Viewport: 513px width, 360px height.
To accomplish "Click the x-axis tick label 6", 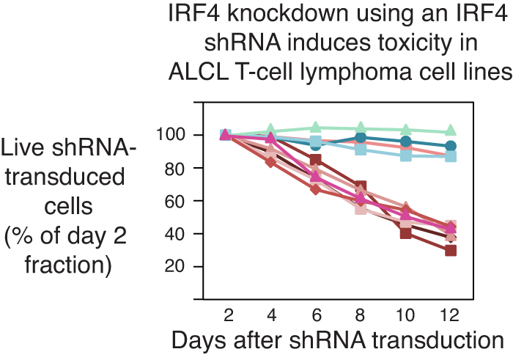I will pos(316,314).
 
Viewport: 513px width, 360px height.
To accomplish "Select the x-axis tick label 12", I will pos(451,314).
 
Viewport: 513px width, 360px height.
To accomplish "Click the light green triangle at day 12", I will pos(451,131).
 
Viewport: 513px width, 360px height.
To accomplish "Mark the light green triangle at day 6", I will pos(316,128).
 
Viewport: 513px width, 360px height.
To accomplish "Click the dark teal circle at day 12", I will pos(451,146).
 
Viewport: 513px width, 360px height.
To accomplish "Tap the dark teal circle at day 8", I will pos(361,138).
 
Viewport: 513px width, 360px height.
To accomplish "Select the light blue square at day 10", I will pos(405,155).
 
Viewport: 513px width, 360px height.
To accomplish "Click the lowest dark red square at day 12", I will pos(451,251).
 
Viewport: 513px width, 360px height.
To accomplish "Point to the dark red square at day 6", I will pos(316,160).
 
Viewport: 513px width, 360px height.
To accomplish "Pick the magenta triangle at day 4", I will pos(270,138).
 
